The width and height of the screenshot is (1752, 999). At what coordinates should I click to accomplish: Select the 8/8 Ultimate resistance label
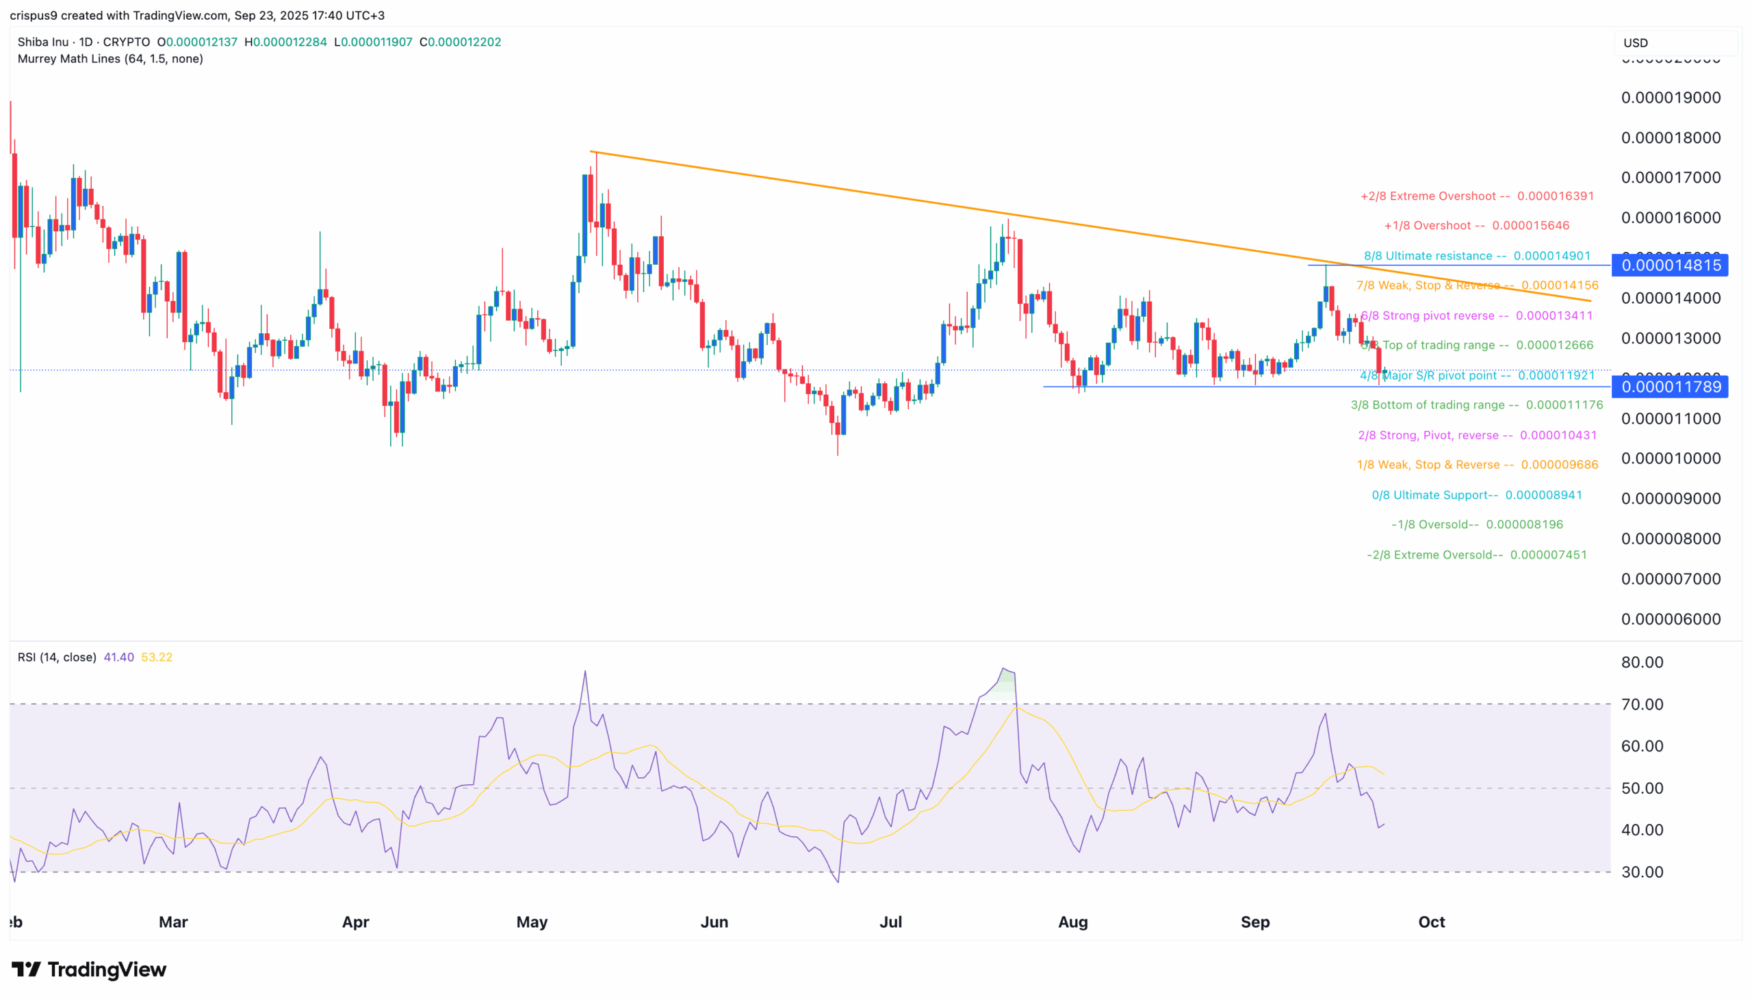(1476, 256)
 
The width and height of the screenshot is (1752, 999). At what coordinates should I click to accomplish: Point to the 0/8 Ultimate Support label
(1476, 495)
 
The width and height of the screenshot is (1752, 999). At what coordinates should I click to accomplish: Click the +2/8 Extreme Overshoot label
(1476, 196)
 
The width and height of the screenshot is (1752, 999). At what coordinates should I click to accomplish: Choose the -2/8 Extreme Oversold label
(1476, 554)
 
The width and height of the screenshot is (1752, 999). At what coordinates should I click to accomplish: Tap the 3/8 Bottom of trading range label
(1476, 405)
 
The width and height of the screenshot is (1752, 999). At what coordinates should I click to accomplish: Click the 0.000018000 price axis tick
(1671, 138)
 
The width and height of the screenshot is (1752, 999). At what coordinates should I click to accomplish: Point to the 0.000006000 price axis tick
(1671, 619)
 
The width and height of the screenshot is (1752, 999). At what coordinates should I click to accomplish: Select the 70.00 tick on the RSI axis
(1642, 705)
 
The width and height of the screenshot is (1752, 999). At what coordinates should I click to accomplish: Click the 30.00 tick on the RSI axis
(1642, 872)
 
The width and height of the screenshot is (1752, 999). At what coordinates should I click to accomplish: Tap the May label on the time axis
(532, 922)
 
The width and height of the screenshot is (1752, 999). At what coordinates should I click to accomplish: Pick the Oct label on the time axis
(1432, 922)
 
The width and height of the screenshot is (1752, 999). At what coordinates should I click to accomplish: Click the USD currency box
(1675, 42)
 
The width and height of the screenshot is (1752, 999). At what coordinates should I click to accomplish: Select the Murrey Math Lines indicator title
(109, 59)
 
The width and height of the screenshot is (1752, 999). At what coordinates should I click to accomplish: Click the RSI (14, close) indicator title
(57, 658)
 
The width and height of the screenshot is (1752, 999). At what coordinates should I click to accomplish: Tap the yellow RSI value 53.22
(157, 658)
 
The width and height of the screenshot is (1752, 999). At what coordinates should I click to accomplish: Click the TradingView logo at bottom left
(89, 970)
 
